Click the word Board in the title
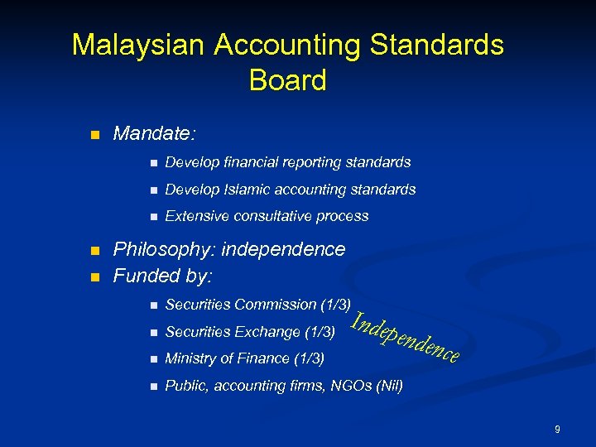(287, 80)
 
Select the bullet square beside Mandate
(94, 134)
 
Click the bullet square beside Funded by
(94, 276)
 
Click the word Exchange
(268, 332)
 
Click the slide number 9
(557, 429)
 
